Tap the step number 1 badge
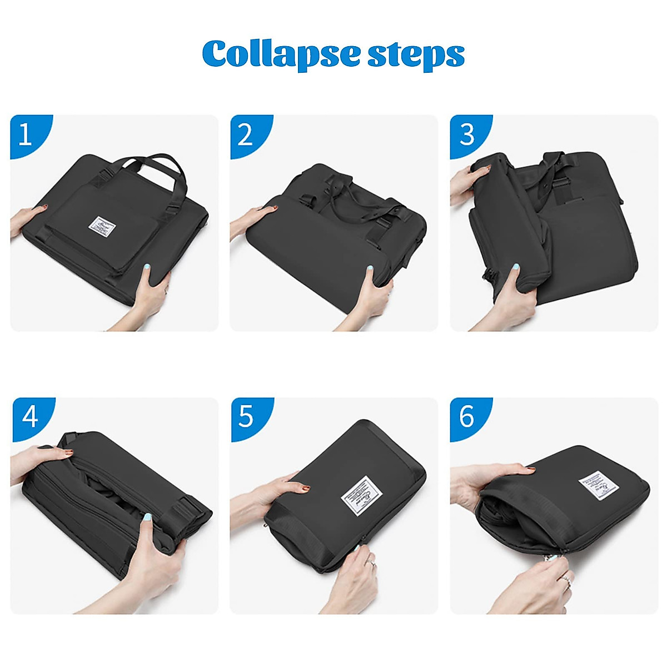pos(25,135)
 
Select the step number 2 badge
pos(245,135)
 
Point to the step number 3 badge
pos(466,135)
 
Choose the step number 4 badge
pos(29,416)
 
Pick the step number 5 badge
pos(246,416)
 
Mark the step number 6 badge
pos(466,416)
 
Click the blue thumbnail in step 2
pos(369,269)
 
